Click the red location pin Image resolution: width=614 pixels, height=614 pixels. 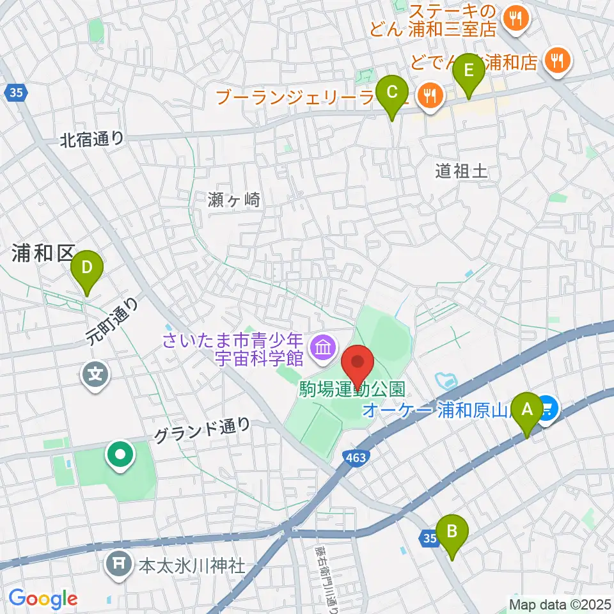pyautogui.click(x=359, y=367)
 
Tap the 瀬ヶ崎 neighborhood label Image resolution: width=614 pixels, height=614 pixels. pyautogui.click(x=235, y=200)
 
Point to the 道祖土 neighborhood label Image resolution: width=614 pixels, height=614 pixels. pyautogui.click(x=461, y=171)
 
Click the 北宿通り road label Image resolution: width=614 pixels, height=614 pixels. pyautogui.click(x=92, y=139)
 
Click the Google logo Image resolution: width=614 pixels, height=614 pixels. pyautogui.click(x=42, y=599)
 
